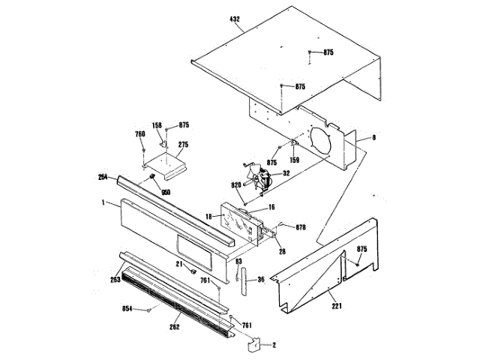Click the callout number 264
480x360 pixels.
tap(103, 178)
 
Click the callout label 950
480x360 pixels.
tap(164, 192)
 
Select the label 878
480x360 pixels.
tap(301, 226)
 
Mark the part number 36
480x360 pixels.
tap(260, 280)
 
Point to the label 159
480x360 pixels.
tap(295, 159)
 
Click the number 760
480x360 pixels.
tap(139, 134)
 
